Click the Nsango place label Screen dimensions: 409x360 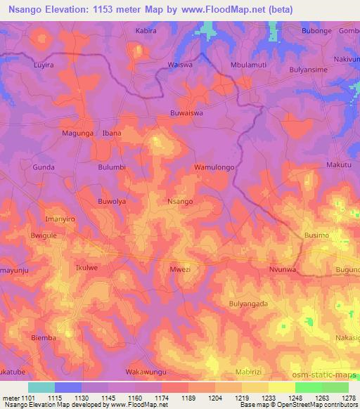point(180,201)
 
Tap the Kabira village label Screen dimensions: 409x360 point(146,32)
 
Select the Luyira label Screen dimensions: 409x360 point(44,65)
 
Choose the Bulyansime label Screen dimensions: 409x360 point(309,70)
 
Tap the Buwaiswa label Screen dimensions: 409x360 point(186,112)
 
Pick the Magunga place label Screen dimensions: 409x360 point(77,133)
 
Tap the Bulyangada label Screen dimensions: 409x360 point(248,304)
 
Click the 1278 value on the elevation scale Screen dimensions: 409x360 point(349,398)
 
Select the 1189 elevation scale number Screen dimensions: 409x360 point(189,398)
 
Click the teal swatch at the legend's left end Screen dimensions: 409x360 point(41,387)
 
